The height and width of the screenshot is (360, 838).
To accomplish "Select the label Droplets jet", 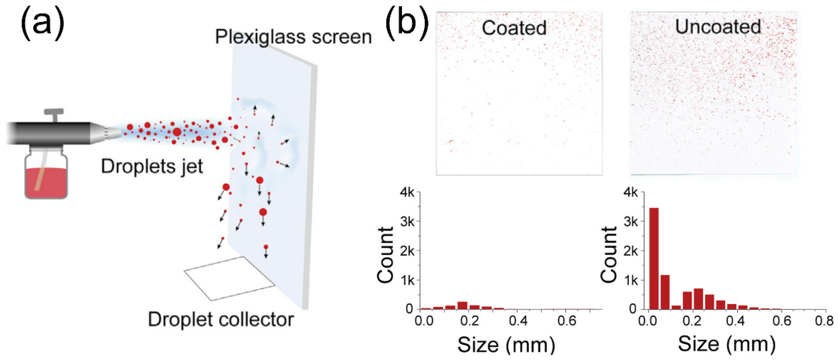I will tap(152, 166).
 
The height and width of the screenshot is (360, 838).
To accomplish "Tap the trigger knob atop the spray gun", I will tap(54, 112).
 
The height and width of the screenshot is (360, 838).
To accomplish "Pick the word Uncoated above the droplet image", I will tap(718, 27).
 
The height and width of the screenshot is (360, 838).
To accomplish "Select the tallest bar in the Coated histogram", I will tap(462, 305).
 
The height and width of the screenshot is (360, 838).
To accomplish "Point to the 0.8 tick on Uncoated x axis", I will tap(824, 321).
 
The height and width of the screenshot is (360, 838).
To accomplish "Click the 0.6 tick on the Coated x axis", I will tap(567, 321).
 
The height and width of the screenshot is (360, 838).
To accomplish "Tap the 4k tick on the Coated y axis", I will tap(407, 192).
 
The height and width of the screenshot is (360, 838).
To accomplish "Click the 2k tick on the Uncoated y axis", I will tap(631, 251).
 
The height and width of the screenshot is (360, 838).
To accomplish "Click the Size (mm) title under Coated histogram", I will tap(506, 345).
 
